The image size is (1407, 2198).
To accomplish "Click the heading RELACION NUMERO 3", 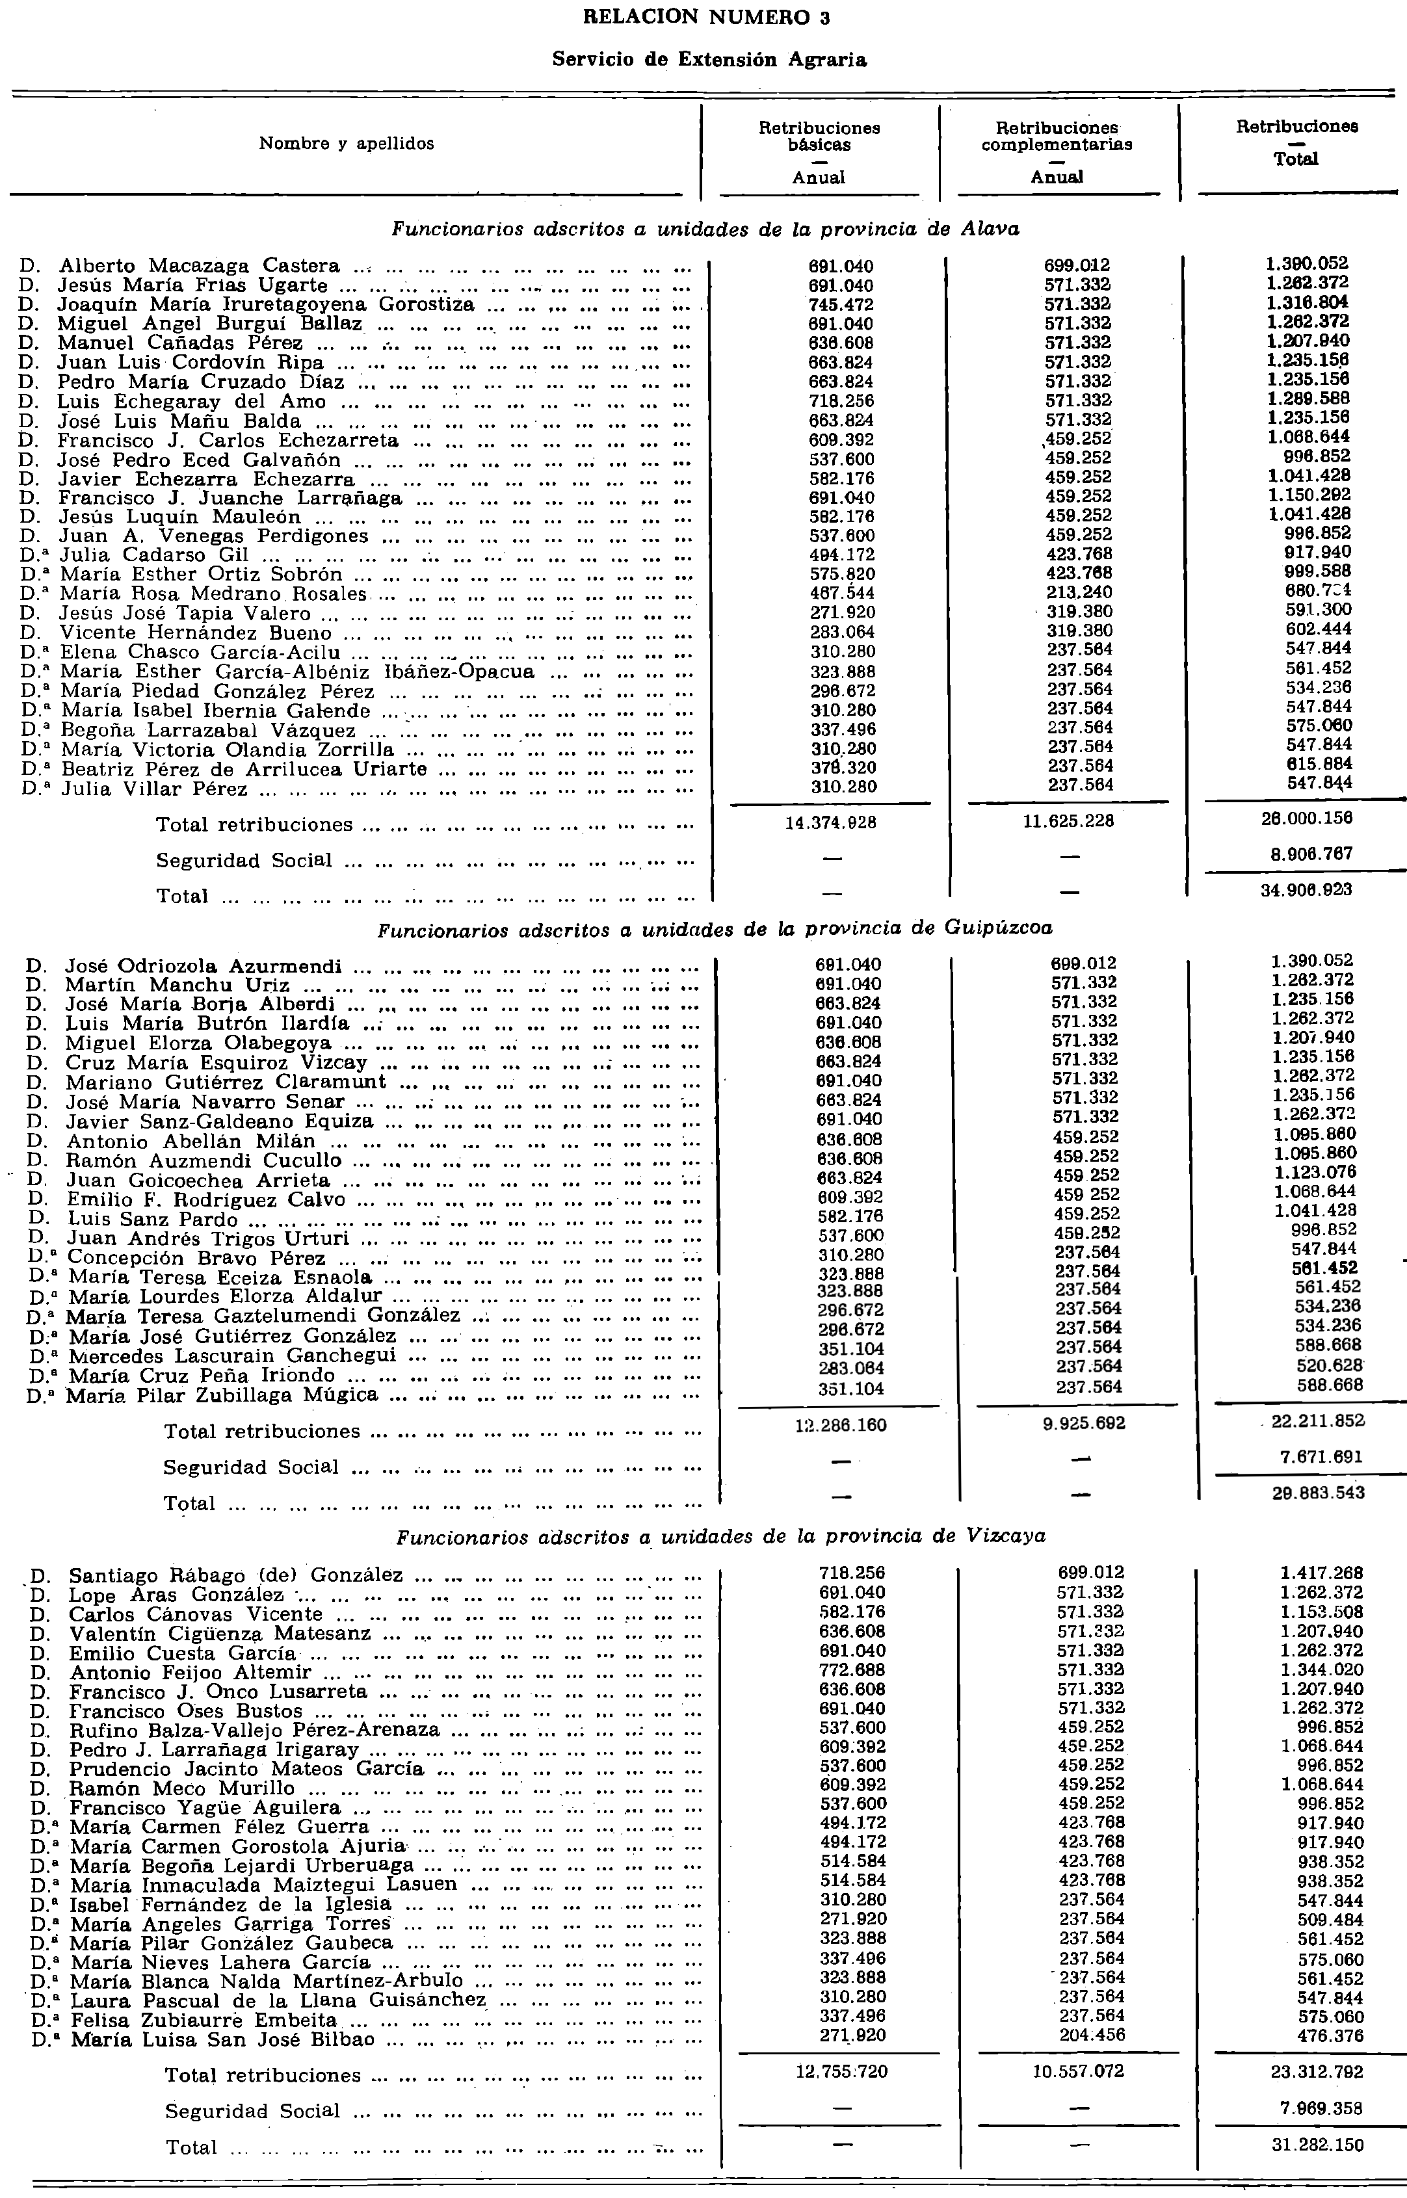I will click(706, 18).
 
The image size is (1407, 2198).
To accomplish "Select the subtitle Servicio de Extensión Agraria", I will click(709, 60).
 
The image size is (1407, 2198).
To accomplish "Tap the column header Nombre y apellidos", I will click(347, 144).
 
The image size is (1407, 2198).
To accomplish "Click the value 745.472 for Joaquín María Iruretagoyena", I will click(841, 304).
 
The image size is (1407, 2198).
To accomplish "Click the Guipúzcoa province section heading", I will click(715, 929).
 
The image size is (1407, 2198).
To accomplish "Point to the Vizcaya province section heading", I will click(721, 1537).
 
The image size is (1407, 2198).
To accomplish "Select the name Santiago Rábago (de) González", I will click(236, 1575).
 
